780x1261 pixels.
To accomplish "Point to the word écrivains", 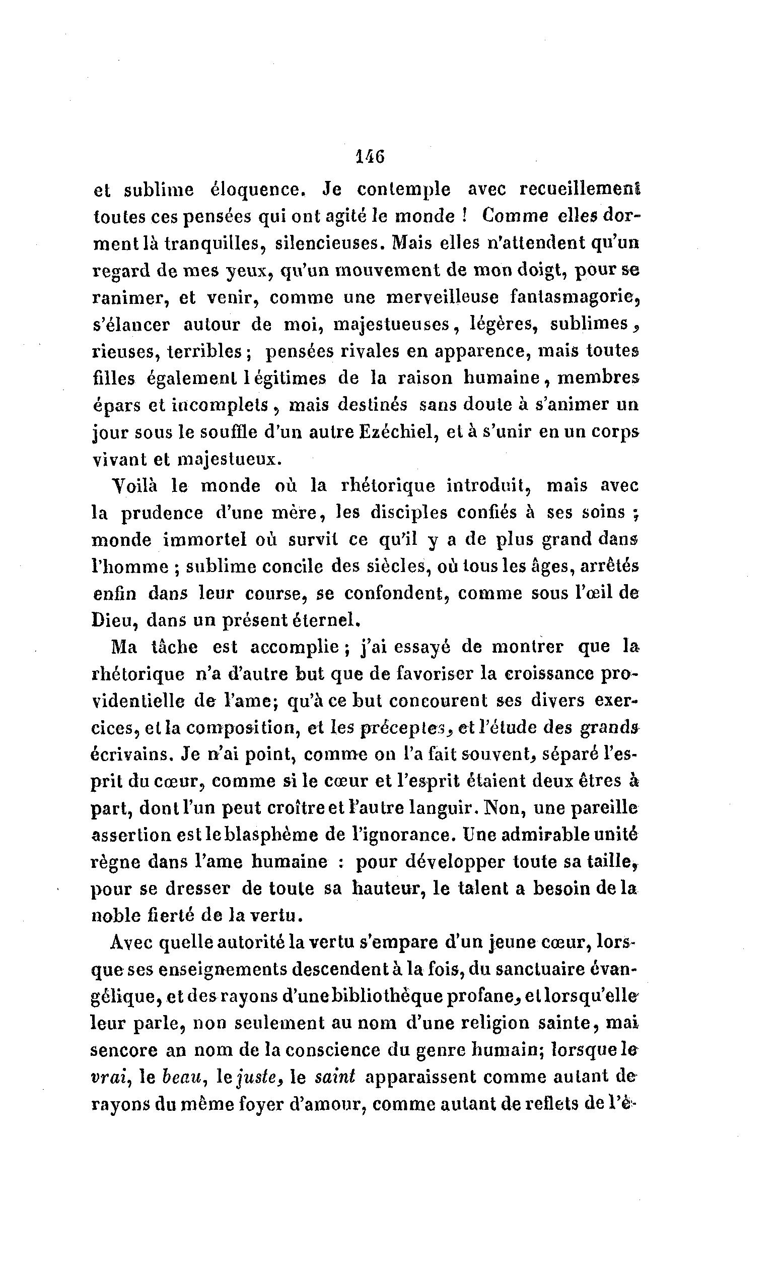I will (x=131, y=754).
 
